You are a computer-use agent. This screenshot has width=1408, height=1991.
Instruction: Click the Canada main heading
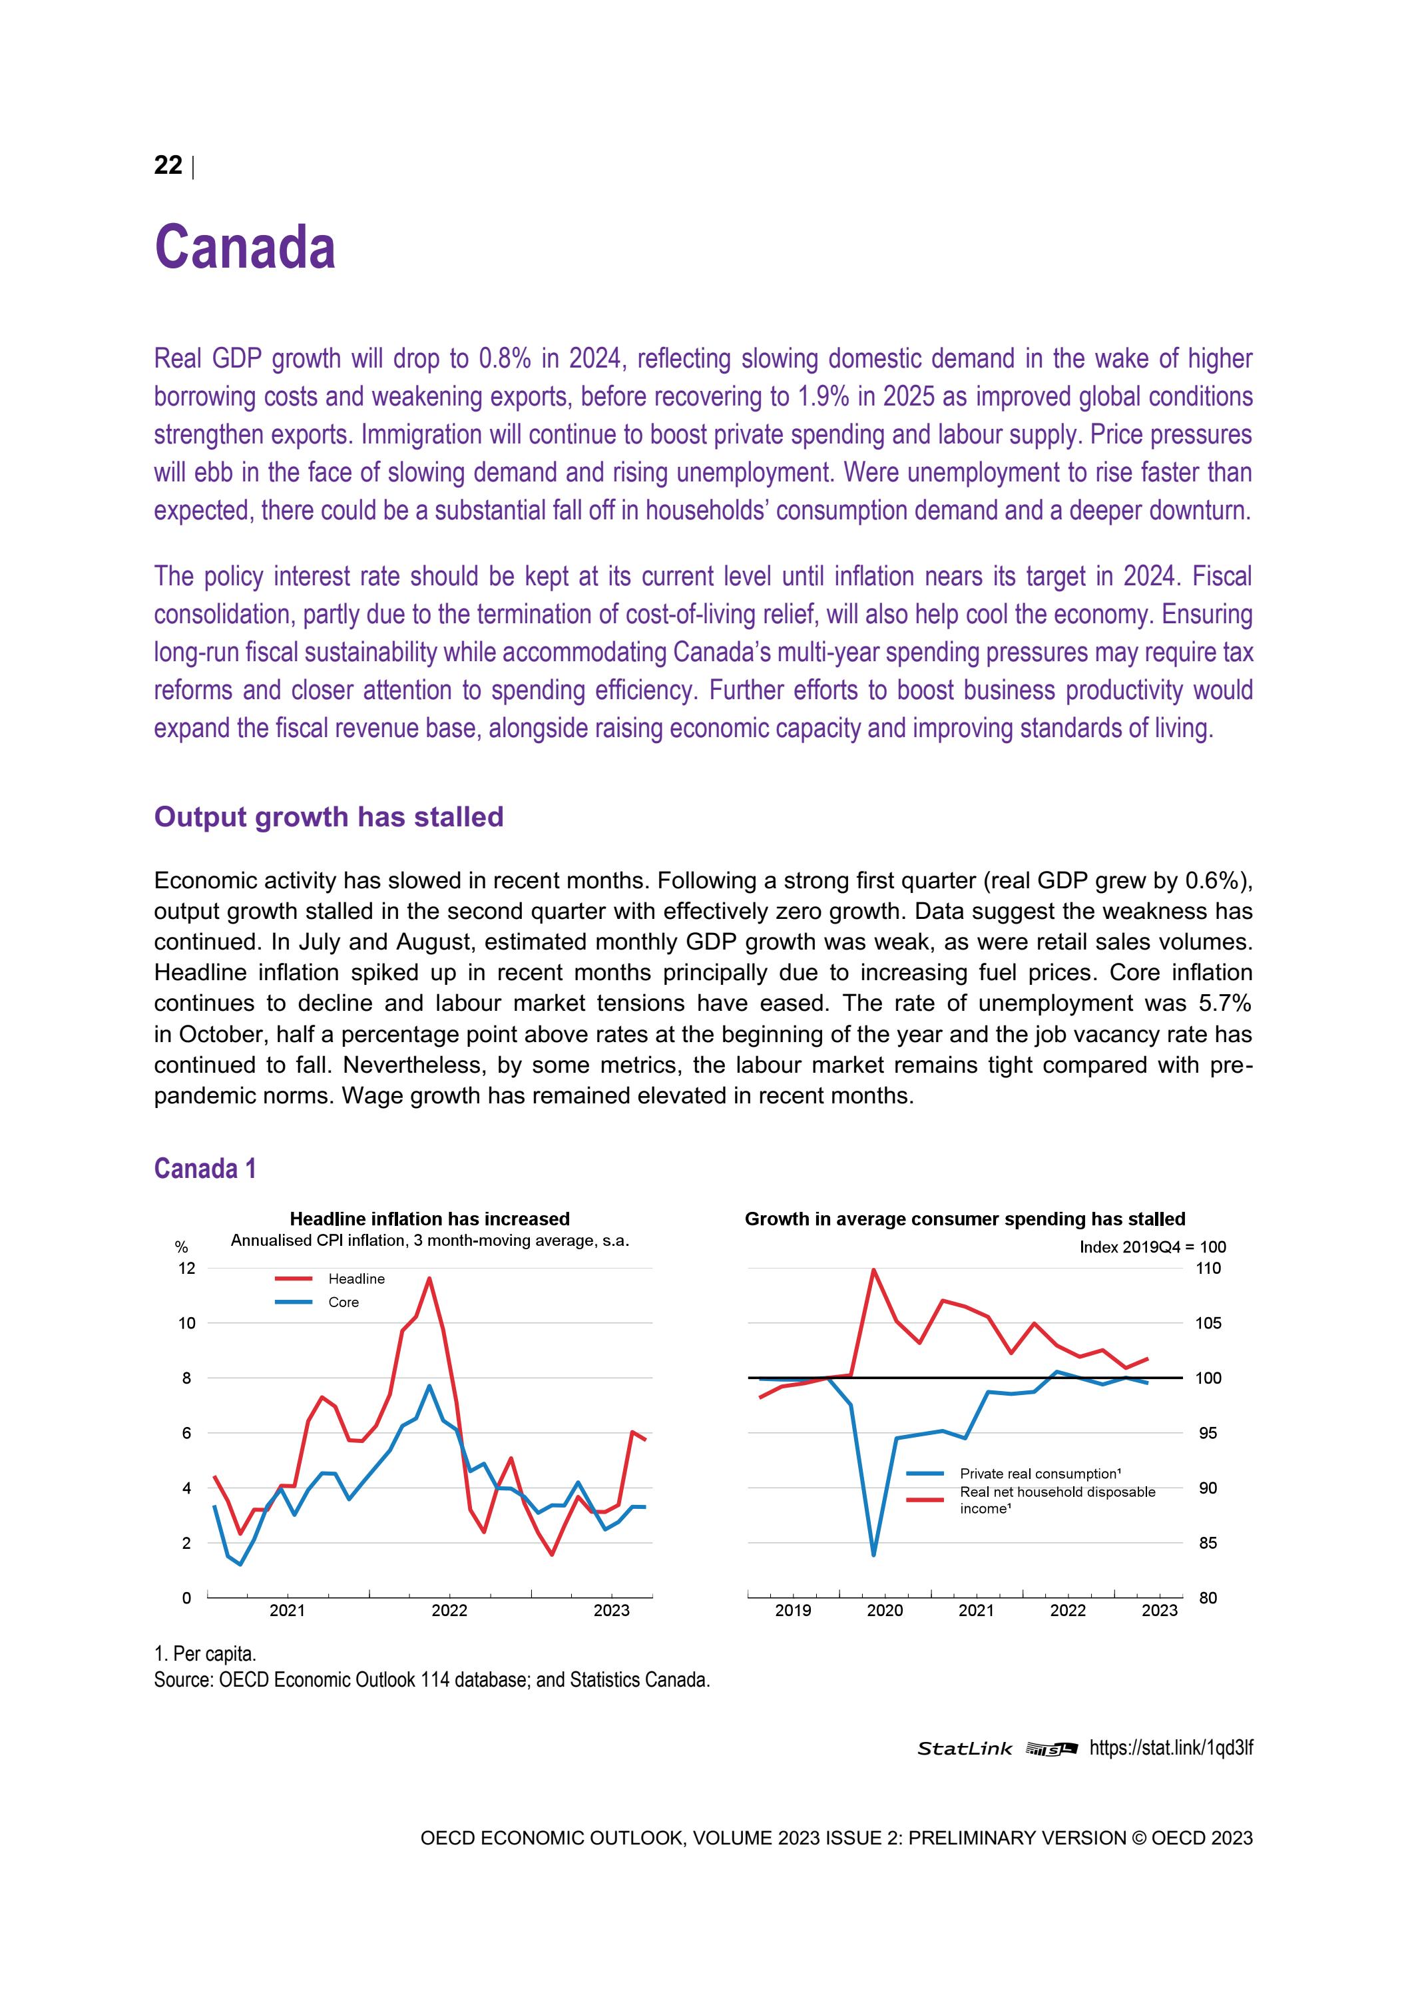point(244,247)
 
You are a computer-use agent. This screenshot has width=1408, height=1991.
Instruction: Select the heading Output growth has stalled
point(329,817)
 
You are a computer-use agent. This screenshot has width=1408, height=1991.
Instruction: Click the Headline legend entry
point(355,1279)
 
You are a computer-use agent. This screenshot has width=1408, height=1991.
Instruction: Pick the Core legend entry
point(344,1302)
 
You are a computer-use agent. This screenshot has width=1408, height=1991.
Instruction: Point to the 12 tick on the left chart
point(186,1268)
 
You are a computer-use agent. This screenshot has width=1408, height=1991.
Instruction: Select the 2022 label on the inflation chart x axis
point(449,1611)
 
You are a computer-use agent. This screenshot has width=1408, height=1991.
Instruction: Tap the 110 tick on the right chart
point(1208,1268)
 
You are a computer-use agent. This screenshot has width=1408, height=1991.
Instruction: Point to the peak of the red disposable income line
point(873,1271)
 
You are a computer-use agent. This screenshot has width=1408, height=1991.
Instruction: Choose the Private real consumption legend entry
point(1040,1474)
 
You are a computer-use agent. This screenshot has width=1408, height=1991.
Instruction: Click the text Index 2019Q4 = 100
point(1152,1247)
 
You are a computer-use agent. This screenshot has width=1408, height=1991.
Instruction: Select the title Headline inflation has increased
point(429,1219)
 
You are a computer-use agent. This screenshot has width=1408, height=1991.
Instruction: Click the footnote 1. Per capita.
point(204,1653)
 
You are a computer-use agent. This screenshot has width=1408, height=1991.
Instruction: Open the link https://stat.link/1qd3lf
point(1170,1748)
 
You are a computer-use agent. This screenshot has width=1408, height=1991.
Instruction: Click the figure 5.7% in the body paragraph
point(1224,1003)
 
